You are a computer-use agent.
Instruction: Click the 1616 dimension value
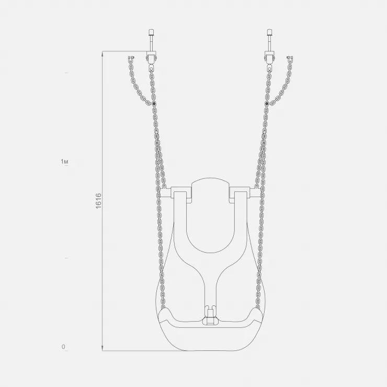click(98, 201)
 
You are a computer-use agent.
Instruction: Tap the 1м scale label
click(64, 162)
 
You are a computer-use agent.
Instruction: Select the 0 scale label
click(63, 347)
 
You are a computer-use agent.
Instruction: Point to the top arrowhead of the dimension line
click(103, 53)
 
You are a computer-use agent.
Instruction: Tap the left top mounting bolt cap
click(151, 32)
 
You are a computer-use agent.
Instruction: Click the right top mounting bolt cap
click(269, 32)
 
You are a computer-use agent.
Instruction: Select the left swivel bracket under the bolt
click(151, 57)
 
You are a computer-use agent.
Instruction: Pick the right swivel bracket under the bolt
click(269, 57)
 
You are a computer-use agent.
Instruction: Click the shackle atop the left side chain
click(131, 59)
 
